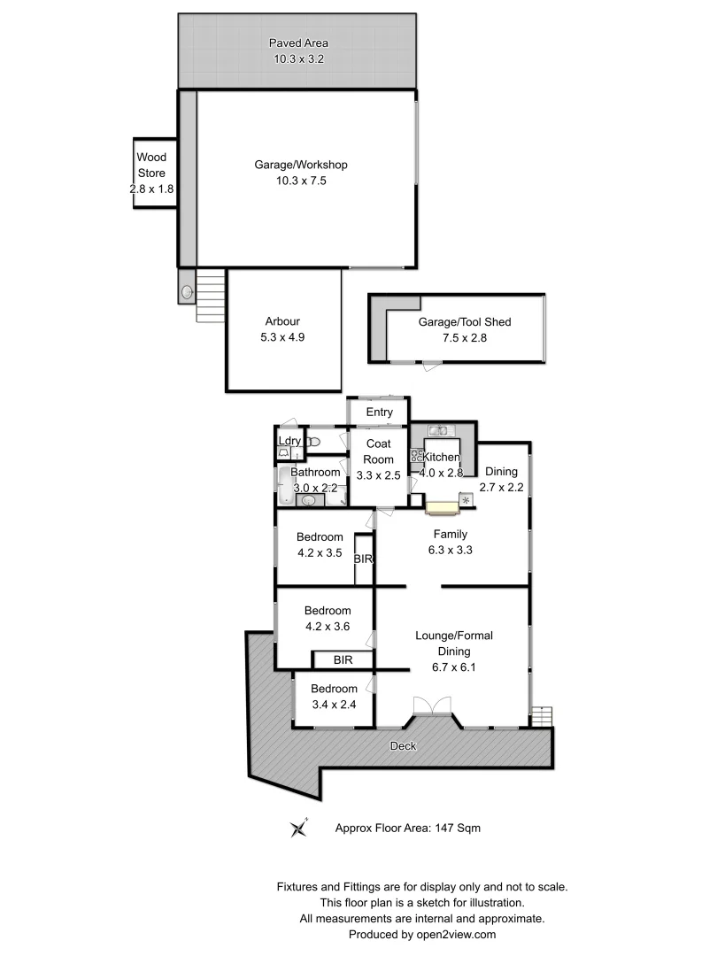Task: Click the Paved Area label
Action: click(x=298, y=43)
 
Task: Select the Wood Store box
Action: click(x=151, y=173)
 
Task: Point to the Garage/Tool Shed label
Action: click(x=465, y=322)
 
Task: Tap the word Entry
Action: click(x=378, y=412)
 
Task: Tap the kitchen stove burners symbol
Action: click(x=415, y=457)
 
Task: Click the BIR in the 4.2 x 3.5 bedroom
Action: click(x=363, y=559)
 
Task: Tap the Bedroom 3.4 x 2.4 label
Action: click(x=335, y=697)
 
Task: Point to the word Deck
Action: click(x=404, y=746)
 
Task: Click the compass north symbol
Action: click(x=298, y=829)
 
